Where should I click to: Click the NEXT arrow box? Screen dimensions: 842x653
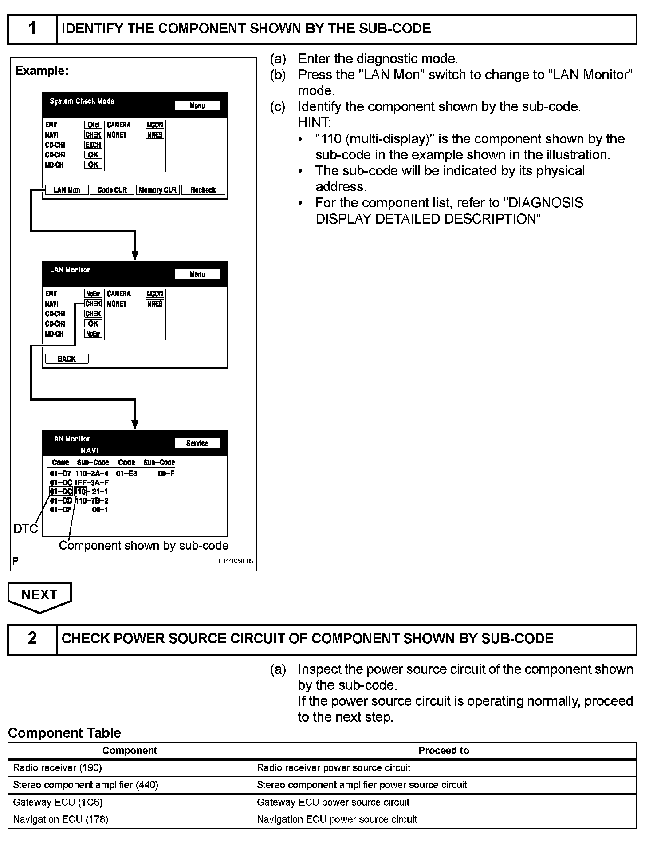point(39,595)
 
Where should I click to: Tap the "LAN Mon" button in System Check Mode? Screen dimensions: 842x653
point(67,190)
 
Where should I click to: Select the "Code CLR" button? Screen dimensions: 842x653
point(112,190)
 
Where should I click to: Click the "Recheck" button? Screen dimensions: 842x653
point(203,190)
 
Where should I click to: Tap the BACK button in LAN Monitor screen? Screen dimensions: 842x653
point(67,358)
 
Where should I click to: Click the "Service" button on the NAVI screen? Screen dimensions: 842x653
point(197,443)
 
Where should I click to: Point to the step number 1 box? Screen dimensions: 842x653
point(32,29)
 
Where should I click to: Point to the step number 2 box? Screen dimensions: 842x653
point(32,639)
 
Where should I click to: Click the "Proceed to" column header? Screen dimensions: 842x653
point(444,750)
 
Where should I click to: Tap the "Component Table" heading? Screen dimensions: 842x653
point(65,733)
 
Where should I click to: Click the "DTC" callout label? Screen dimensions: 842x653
point(26,528)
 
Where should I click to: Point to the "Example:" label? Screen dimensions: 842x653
point(42,71)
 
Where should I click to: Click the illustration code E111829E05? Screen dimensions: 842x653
point(236,561)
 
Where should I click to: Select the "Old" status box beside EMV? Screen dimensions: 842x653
point(93,125)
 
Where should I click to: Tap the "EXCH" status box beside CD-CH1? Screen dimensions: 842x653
point(93,145)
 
